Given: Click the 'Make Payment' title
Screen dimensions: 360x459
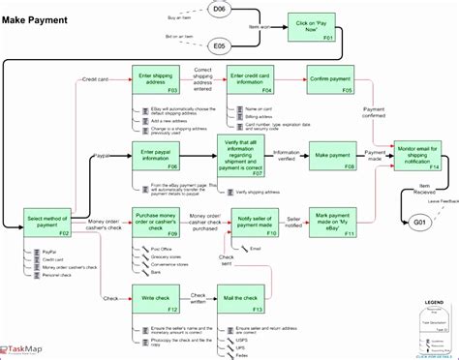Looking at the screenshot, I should pyautogui.click(x=36, y=10).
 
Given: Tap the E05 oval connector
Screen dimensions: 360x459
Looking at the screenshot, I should pyautogui.click(x=219, y=45).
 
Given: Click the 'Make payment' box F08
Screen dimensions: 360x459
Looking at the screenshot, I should pyautogui.click(x=332, y=156).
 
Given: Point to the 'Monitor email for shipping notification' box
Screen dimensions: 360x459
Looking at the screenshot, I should pyautogui.click(x=417, y=156).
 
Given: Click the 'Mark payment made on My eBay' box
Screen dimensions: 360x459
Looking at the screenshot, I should pyautogui.click(x=332, y=225).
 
